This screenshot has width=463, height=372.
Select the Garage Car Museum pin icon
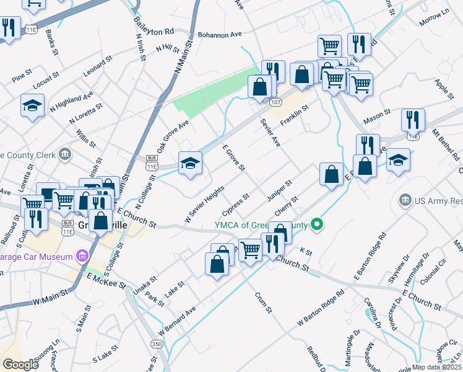[81, 255]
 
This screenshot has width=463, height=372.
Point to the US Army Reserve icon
[405, 200]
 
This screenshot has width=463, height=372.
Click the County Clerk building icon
[64, 154]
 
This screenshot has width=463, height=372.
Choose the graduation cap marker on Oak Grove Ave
[190, 163]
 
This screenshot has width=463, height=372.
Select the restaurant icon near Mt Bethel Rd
[412, 120]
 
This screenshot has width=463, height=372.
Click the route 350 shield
[157, 343]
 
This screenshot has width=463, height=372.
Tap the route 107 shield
[276, 102]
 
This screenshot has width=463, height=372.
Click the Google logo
[20, 364]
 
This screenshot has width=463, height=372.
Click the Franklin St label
[294, 115]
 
